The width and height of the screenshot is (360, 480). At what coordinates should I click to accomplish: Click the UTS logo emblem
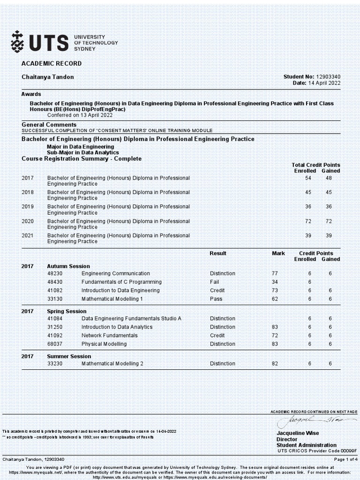click(x=17, y=42)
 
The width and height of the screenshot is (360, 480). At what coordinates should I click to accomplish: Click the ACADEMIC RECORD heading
click(x=52, y=63)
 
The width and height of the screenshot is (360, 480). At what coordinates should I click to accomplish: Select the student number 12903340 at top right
click(x=328, y=76)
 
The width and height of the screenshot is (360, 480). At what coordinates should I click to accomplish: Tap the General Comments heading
click(x=49, y=124)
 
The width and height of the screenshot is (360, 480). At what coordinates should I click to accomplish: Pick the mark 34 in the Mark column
click(x=275, y=282)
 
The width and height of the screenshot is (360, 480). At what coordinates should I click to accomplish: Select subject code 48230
click(x=55, y=273)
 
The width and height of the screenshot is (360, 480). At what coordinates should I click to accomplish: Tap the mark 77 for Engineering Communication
click(x=275, y=273)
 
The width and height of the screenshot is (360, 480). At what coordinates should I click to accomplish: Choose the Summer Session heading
click(x=69, y=356)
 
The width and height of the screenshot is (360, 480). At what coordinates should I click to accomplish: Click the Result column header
click(x=218, y=253)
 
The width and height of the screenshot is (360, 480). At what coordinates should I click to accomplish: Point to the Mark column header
click(x=278, y=253)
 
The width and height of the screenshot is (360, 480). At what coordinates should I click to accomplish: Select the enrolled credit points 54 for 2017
click(x=308, y=178)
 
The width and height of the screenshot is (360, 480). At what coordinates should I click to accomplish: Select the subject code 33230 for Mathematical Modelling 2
click(x=55, y=363)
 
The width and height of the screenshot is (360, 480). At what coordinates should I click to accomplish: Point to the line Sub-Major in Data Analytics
click(x=82, y=152)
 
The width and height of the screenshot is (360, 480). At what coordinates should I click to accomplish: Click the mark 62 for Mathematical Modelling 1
click(x=275, y=299)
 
